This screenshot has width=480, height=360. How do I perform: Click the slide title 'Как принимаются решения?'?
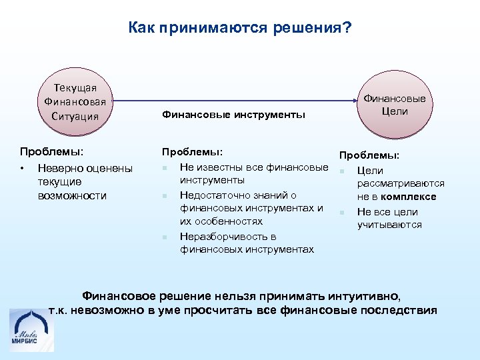tap(240, 29)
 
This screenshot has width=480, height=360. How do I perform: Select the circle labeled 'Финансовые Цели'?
tap(395, 105)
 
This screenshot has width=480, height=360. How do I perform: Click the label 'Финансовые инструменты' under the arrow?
tap(233, 115)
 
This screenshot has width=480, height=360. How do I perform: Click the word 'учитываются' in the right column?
tap(389, 225)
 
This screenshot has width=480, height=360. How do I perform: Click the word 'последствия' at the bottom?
tap(401, 310)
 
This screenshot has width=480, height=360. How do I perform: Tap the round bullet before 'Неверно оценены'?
tap(23, 167)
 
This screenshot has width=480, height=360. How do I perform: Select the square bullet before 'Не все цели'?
tap(341, 213)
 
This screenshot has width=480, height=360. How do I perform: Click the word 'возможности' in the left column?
tap(72, 195)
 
